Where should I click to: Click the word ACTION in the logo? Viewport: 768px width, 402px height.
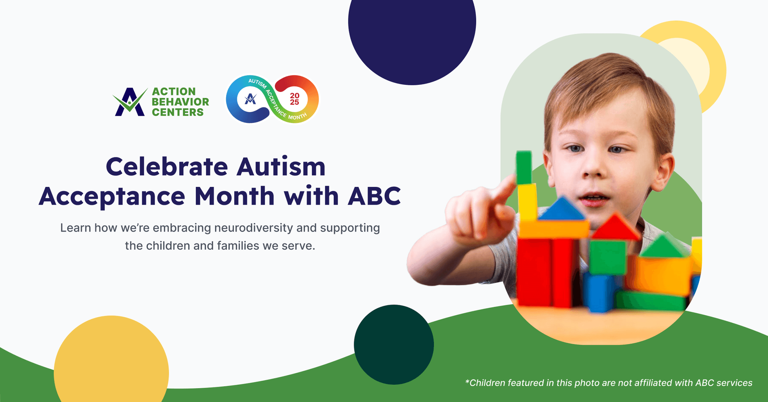pyautogui.click(x=174, y=92)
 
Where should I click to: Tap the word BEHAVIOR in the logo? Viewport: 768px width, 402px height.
pyautogui.click(x=180, y=102)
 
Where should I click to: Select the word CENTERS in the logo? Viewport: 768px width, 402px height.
pyautogui.click(x=177, y=112)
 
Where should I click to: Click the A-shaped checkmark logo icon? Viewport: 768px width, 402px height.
pyautogui.click(x=130, y=102)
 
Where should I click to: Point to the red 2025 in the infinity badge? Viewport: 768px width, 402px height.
pyautogui.click(x=295, y=99)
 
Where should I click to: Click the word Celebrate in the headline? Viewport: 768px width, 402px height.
pyautogui.click(x=167, y=167)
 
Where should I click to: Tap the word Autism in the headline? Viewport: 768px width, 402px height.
pyautogui.click(x=281, y=167)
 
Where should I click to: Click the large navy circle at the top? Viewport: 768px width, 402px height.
pyautogui.click(x=412, y=31)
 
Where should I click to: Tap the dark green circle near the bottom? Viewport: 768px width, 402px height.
pyautogui.click(x=394, y=344)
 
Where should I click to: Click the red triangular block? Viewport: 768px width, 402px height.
pyautogui.click(x=615, y=227)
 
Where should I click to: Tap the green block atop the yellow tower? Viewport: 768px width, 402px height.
pyautogui.click(x=524, y=167)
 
